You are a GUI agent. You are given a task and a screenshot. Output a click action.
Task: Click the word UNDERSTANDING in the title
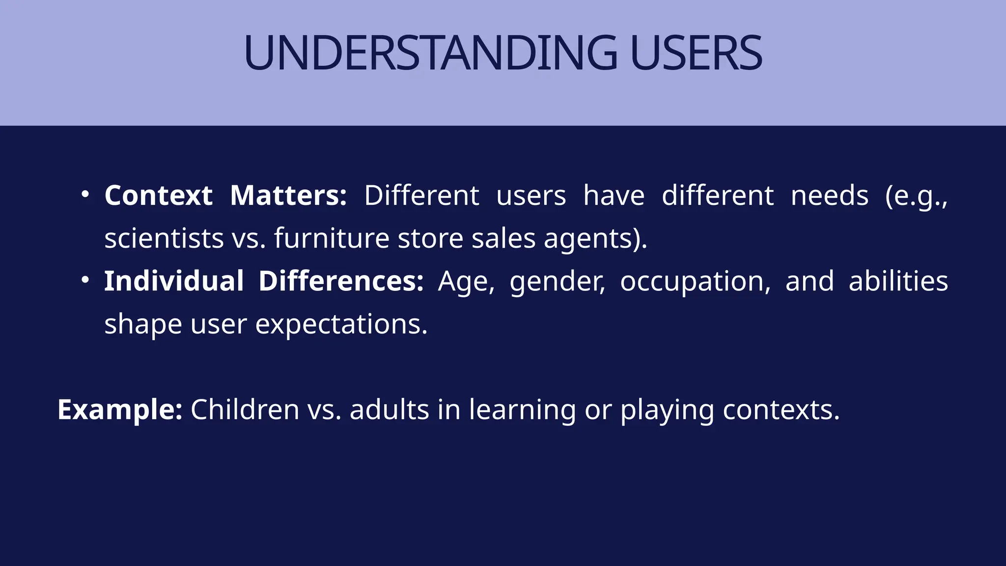430,53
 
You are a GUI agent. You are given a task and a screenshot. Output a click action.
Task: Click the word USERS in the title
696,53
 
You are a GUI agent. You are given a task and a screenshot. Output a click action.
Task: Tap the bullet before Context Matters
85,195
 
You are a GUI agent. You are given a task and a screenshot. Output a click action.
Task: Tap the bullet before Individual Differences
85,280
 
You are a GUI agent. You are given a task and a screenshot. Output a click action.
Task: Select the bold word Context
158,195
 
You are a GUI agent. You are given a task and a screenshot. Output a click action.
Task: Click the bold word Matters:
288,195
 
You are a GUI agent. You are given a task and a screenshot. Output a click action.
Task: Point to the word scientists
164,238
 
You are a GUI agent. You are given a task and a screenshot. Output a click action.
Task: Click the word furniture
332,238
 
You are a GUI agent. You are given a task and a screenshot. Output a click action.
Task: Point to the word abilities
898,281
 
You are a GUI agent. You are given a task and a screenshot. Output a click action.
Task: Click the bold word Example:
120,410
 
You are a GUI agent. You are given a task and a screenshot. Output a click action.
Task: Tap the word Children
245,409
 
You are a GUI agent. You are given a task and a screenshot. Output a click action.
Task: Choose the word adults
390,409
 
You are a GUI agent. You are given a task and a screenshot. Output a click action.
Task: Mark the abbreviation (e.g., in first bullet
916,196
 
